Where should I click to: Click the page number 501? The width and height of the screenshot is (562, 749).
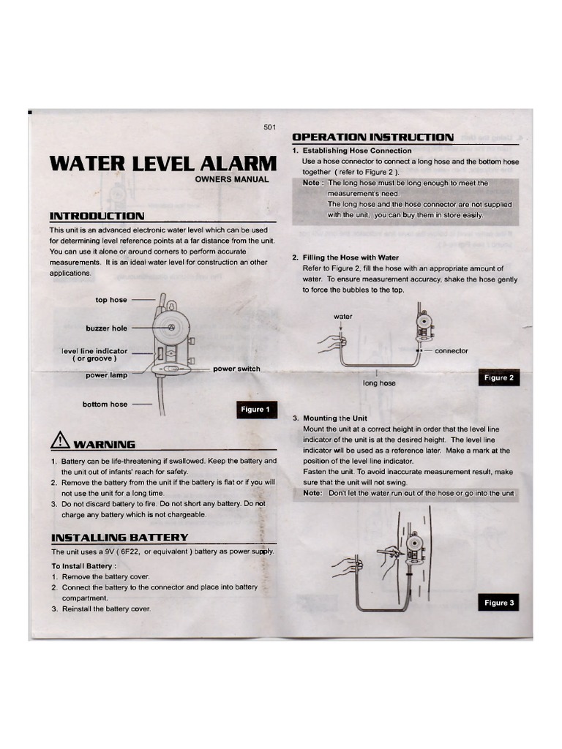pyautogui.click(x=269, y=128)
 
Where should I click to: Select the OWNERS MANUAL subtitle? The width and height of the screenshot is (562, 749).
pyautogui.click(x=232, y=179)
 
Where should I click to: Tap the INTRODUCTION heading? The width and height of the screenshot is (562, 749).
pyautogui.click(x=96, y=216)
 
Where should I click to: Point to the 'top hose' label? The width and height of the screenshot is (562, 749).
pyautogui.click(x=110, y=300)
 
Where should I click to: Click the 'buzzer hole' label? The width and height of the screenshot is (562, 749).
pyautogui.click(x=106, y=328)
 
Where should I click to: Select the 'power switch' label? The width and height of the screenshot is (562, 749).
pyautogui.click(x=236, y=369)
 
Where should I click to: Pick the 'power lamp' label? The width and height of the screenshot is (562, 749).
pyautogui.click(x=106, y=376)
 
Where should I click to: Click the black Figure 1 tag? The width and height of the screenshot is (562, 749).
pyautogui.click(x=255, y=410)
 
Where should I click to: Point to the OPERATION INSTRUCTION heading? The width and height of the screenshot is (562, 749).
pyautogui.click(x=372, y=137)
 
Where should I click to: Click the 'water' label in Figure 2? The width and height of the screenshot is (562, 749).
pyautogui.click(x=343, y=317)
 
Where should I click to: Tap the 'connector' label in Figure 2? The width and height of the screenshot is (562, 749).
pyautogui.click(x=452, y=351)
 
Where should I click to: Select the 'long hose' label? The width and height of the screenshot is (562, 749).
pyautogui.click(x=379, y=383)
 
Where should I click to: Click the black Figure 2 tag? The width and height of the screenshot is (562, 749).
pyautogui.click(x=499, y=378)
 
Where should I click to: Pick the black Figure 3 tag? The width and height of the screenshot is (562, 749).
pyautogui.click(x=499, y=603)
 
